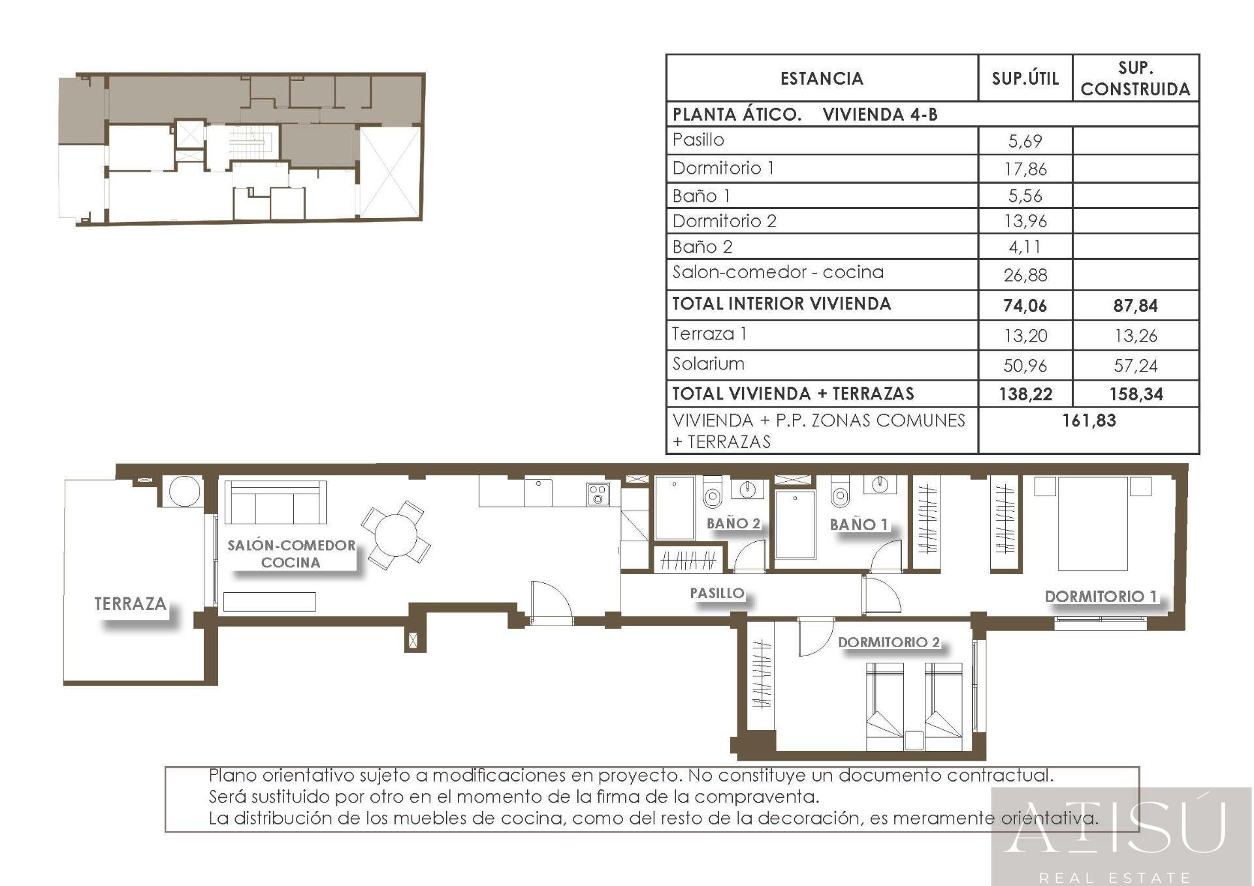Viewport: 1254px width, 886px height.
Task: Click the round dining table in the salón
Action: (x=396, y=535)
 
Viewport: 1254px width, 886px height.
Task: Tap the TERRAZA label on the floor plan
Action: (x=131, y=603)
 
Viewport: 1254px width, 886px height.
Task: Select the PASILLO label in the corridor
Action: (x=717, y=593)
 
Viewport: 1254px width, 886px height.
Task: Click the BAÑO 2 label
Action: (x=733, y=523)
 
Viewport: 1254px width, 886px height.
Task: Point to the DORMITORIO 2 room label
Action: (x=889, y=642)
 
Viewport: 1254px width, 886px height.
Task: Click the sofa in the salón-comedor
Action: (x=275, y=502)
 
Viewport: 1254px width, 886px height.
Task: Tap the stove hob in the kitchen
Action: (x=598, y=494)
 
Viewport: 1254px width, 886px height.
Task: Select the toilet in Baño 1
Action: (x=840, y=494)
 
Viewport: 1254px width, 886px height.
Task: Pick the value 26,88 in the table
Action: (x=1025, y=275)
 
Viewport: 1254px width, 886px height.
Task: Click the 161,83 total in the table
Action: (x=1089, y=420)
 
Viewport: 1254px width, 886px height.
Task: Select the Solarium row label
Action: (x=708, y=364)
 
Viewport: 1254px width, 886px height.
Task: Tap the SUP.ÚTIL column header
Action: (x=1025, y=78)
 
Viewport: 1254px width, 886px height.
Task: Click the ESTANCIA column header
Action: (x=822, y=78)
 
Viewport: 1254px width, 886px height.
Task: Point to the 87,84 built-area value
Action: (x=1135, y=306)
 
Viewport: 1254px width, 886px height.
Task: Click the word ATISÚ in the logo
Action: (x=1116, y=828)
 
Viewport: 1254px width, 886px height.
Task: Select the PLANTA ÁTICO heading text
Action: (x=737, y=114)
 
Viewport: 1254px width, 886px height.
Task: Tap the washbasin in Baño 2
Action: (x=748, y=488)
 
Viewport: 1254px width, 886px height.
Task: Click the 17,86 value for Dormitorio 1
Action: (x=1025, y=169)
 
